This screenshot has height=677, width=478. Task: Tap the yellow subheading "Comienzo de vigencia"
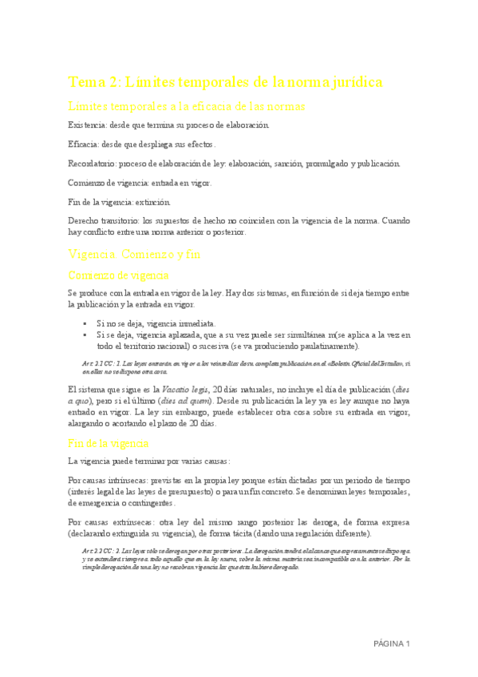[119, 275]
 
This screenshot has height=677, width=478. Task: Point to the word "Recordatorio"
[93, 164]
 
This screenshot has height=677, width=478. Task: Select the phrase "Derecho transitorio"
[102, 218]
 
